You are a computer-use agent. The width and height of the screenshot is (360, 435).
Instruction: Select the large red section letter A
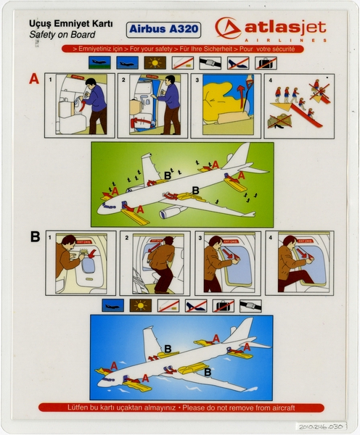[33, 80]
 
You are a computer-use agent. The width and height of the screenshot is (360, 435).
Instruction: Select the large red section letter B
[34, 236]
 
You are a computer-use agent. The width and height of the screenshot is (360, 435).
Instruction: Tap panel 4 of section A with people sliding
[299, 105]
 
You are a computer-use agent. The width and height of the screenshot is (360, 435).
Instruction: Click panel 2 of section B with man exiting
[153, 262]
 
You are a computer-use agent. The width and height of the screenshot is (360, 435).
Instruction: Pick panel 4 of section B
[299, 262]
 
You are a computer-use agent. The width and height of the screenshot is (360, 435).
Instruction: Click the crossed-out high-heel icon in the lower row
[195, 305]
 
